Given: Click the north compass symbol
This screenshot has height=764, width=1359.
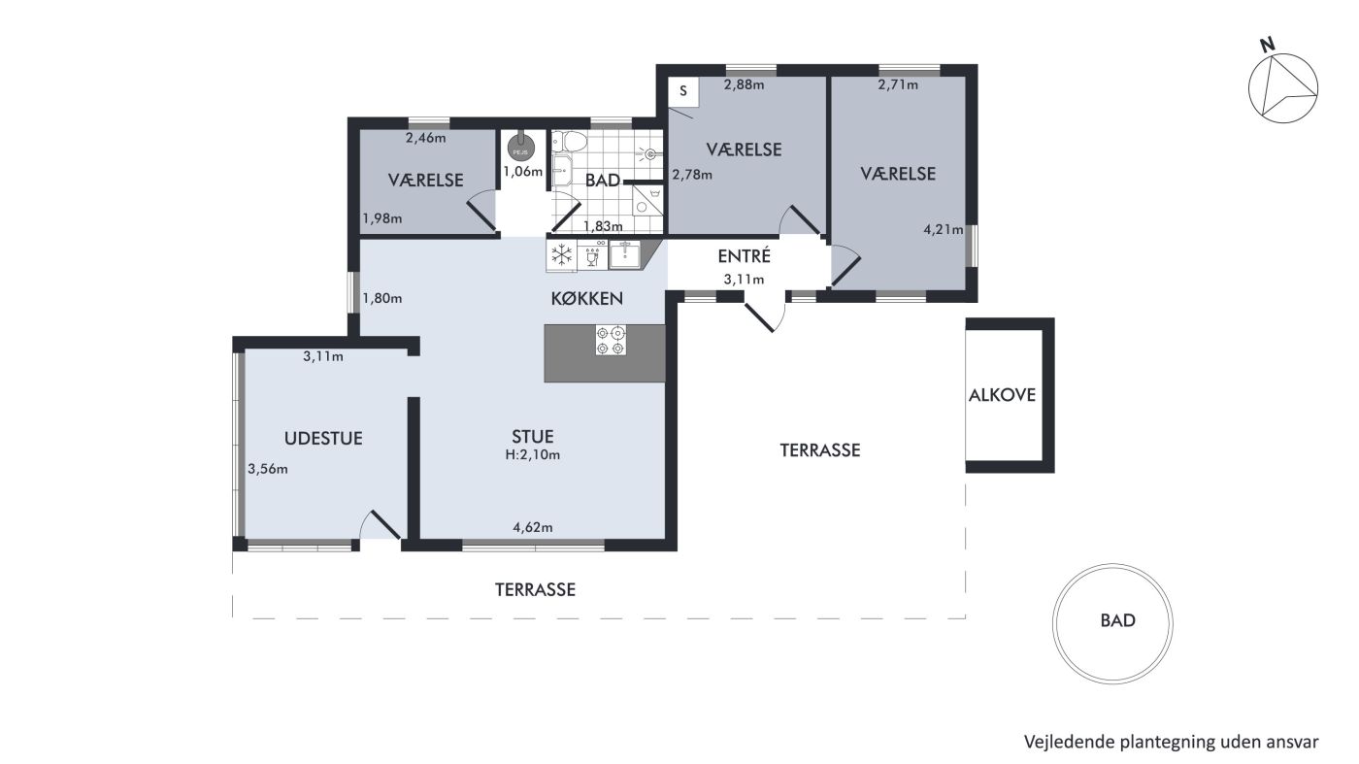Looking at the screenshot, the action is point(1282,88).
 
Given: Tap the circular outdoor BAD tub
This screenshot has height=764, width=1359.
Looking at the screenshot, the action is point(1112,624).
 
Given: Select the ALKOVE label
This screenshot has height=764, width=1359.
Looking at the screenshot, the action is point(1002,395).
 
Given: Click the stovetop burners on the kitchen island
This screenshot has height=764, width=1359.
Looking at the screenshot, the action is point(611,340).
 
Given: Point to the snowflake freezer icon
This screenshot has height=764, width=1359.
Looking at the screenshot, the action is point(562,255).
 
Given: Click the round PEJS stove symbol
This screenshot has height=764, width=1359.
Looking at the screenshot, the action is point(520,149).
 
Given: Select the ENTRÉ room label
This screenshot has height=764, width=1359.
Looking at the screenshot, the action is point(744,256).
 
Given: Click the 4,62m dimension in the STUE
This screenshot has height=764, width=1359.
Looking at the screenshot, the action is point(533,527).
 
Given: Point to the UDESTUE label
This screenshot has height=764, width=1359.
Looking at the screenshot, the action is point(323,438).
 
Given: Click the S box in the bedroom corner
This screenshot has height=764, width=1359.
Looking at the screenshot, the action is point(683,91).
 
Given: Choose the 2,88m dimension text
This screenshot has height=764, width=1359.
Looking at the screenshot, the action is point(744,84).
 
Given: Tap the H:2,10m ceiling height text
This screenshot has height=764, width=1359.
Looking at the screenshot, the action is point(533,454).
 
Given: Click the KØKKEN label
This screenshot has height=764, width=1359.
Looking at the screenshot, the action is point(586,299).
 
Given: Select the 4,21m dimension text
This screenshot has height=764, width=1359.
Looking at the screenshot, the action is point(944,229).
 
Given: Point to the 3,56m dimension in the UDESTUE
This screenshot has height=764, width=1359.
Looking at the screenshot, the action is point(268,469).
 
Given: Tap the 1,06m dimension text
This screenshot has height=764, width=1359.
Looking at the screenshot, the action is point(522,172).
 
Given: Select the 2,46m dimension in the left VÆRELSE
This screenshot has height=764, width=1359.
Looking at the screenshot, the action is point(426,138).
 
